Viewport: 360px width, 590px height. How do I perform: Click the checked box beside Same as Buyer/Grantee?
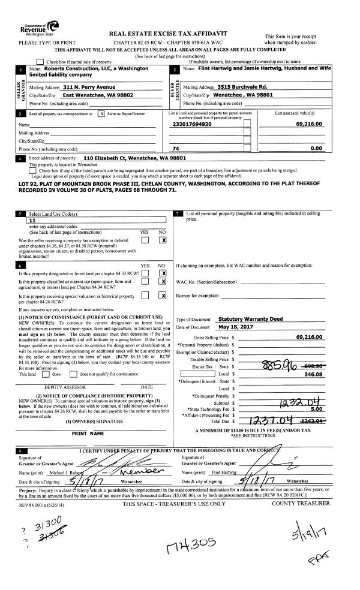pyautogui.click(x=101, y=113)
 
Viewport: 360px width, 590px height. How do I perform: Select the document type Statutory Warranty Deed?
pyautogui.click(x=242, y=319)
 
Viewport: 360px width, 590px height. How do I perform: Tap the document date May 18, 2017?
pyautogui.click(x=232, y=327)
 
